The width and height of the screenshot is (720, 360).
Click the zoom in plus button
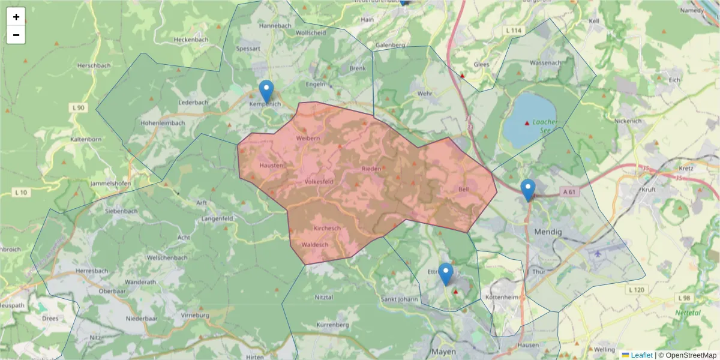(16, 17)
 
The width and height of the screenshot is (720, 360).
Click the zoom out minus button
(16, 35)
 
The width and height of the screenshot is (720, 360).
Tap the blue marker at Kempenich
(266, 92)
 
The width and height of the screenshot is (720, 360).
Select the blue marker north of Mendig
(528, 190)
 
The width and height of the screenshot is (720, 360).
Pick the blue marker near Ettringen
(445, 274)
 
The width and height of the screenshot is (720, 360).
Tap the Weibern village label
(308, 138)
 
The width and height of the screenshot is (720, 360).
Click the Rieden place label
(371, 169)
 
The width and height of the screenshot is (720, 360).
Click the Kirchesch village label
(327, 229)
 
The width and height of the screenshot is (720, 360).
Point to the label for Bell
(463, 189)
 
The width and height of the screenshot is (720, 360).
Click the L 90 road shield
(78, 107)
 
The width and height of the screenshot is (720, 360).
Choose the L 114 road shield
(514, 31)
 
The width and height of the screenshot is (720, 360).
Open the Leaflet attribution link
(641, 355)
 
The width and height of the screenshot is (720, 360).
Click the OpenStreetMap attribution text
(688, 355)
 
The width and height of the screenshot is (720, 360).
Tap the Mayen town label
(444, 352)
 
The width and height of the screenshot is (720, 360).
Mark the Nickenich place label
(628, 121)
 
